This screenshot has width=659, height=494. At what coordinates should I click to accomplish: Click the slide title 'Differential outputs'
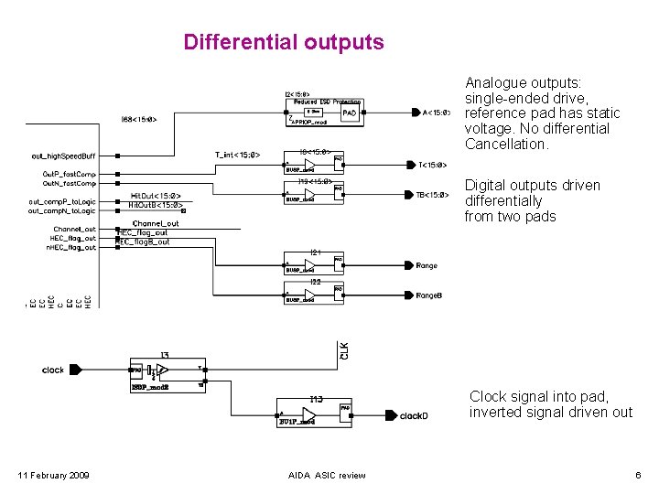coord(284,42)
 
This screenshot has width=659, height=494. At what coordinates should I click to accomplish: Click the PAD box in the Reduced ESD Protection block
coord(350,113)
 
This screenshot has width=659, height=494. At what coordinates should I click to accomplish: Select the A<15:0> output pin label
coord(436,113)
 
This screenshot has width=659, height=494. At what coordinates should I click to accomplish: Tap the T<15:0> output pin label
coord(432,166)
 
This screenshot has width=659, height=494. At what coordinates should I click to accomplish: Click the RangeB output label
coord(429,295)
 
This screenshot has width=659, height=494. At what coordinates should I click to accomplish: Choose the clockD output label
coord(414,415)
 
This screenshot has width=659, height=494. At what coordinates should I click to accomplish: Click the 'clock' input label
coord(53,370)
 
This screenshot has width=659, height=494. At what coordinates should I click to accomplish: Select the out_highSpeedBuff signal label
coord(63,156)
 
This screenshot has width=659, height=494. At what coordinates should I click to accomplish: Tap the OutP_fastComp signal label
coord(69,173)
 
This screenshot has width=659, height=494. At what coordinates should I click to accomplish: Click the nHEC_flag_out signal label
coord(71,247)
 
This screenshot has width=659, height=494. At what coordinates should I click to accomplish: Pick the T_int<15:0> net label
coord(238,155)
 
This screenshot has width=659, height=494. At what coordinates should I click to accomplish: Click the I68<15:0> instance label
coord(145,119)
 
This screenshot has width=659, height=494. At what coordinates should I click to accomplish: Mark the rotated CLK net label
coord(344,350)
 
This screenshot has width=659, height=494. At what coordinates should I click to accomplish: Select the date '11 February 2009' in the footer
coord(54,475)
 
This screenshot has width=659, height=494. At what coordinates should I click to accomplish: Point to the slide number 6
coord(637,475)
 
